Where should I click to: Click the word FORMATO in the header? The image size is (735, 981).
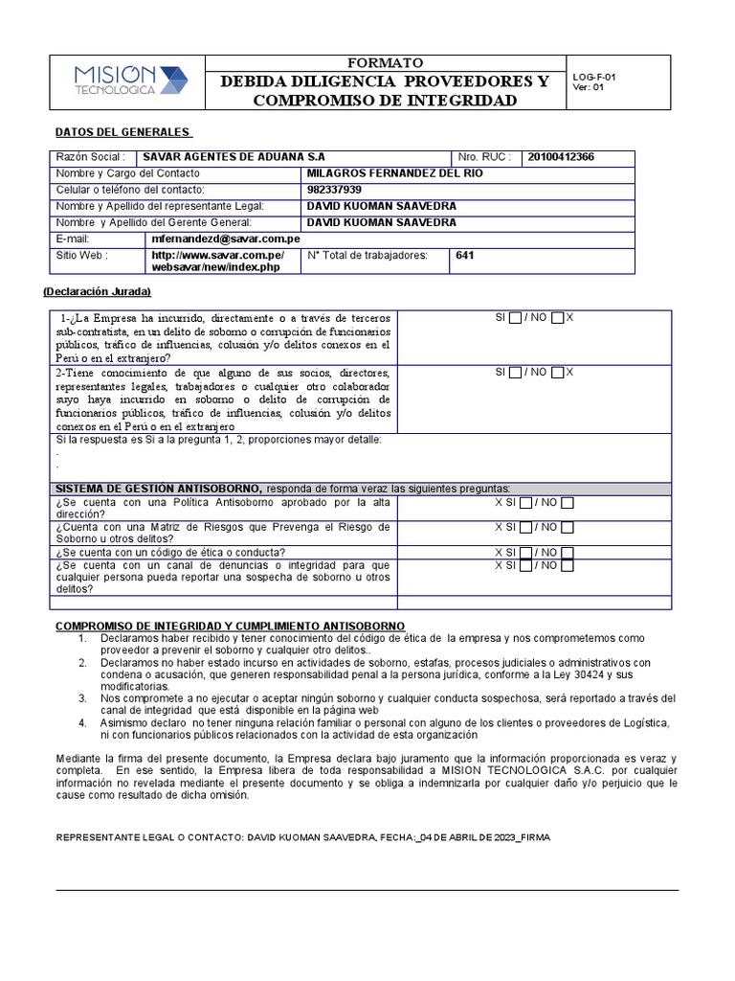pyautogui.click(x=385, y=63)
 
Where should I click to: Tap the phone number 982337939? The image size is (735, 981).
pyautogui.click(x=335, y=190)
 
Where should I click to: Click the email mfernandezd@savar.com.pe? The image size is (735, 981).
pyautogui.click(x=226, y=239)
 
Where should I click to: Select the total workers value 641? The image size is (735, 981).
pyautogui.click(x=465, y=256)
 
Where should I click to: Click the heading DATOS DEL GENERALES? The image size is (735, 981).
pyautogui.click(x=124, y=131)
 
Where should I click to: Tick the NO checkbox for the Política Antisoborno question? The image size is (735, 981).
pyautogui.click(x=568, y=502)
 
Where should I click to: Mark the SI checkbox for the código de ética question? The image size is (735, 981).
pyautogui.click(x=524, y=553)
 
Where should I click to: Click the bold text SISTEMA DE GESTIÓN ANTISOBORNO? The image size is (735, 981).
pyautogui.click(x=158, y=488)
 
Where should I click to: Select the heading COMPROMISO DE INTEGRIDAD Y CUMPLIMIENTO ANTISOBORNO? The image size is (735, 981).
pyautogui.click(x=230, y=626)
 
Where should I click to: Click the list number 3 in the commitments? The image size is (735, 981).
pyautogui.click(x=83, y=698)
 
